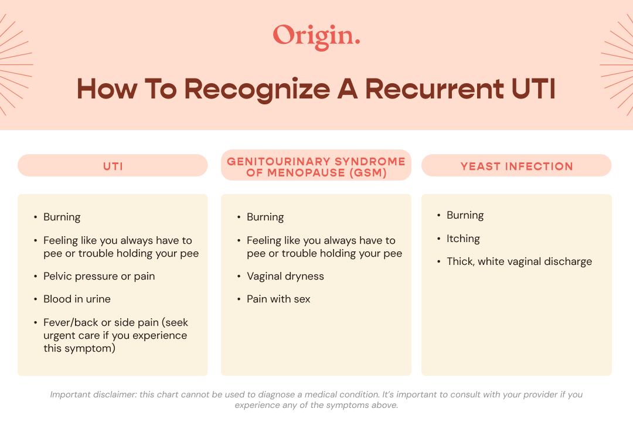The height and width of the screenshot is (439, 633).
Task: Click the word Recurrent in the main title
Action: coord(434,89)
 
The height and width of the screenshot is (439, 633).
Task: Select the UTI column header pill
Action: coord(113,166)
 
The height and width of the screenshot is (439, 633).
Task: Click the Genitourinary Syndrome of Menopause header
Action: coord(316,166)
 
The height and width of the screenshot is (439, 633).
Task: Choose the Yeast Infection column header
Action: coord(516,166)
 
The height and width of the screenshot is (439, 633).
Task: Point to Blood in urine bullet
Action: coord(77,299)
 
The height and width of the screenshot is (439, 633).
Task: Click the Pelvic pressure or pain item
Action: coord(99,276)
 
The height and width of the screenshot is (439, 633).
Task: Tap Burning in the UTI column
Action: coord(62,217)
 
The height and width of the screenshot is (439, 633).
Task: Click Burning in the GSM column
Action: coord(265,217)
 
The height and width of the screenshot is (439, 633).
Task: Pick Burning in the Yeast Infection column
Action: coord(465,215)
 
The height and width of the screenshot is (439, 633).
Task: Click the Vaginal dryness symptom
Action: coord(285,276)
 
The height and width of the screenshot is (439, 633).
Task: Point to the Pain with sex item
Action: coord(278,299)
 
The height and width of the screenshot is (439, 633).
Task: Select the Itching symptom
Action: coord(463,239)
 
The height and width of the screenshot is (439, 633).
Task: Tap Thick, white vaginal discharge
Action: coord(519,261)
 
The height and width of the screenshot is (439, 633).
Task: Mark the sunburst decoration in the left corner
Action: coord(13,64)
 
